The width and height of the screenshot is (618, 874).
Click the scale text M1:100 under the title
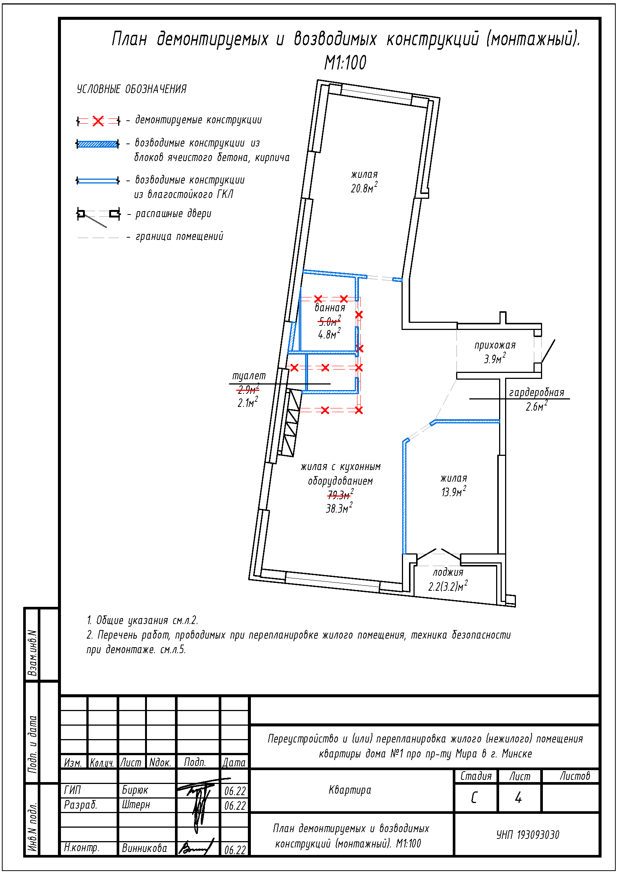click(x=345, y=63)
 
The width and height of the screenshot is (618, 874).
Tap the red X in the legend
click(x=98, y=121)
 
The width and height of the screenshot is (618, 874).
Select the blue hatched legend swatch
click(x=98, y=144)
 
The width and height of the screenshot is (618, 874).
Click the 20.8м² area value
click(x=364, y=188)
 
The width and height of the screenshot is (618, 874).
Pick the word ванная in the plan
click(x=330, y=308)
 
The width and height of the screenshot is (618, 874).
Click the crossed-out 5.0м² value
click(x=329, y=321)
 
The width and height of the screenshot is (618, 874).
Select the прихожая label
click(x=495, y=345)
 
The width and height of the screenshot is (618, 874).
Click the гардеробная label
click(x=536, y=392)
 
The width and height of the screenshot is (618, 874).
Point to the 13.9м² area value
click(x=454, y=491)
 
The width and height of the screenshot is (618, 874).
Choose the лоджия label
click(x=448, y=572)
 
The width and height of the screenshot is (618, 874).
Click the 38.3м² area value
click(x=339, y=508)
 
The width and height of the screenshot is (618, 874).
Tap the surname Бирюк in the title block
click(x=135, y=790)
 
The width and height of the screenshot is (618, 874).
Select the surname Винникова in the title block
click(x=144, y=848)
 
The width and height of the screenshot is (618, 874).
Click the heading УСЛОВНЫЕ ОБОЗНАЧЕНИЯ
click(x=132, y=89)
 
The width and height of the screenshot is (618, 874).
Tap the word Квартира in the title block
click(x=350, y=790)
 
